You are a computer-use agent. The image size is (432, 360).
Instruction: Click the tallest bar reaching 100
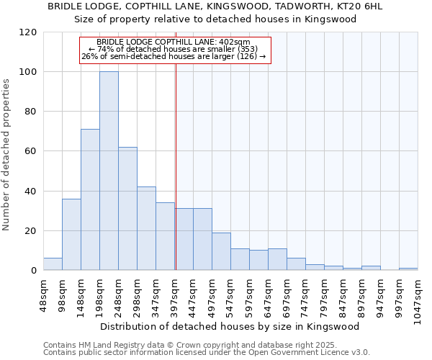(x=109, y=171)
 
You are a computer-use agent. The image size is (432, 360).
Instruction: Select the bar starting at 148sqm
(x=90, y=199)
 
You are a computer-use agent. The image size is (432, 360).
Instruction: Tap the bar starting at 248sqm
(x=127, y=209)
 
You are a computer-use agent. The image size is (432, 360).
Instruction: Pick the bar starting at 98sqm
(x=71, y=234)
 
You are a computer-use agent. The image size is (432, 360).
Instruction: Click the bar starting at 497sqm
(x=221, y=251)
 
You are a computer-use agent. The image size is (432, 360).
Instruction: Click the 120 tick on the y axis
(x=28, y=32)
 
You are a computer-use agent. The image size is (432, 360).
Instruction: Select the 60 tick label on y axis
(x=31, y=151)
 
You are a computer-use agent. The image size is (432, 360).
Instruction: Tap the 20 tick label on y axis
(x=31, y=231)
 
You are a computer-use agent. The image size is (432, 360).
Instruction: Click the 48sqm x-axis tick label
(x=44, y=293)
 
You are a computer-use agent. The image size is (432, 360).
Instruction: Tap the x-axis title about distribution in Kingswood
(x=230, y=326)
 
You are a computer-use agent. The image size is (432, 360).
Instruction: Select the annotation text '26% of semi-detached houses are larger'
(x=174, y=56)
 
